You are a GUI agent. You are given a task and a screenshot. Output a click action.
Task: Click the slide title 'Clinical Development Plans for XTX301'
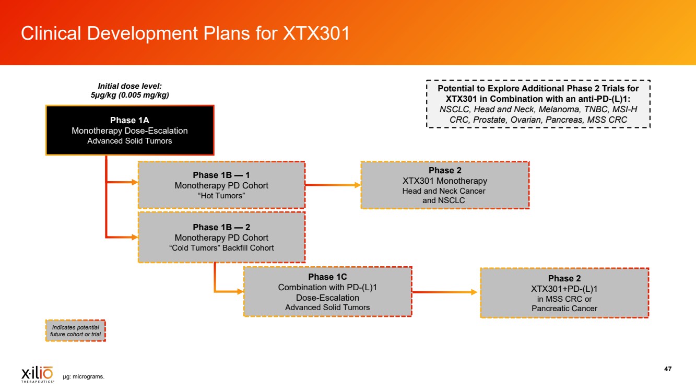coord(185,33)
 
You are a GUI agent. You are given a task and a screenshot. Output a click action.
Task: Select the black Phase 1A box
coord(129,131)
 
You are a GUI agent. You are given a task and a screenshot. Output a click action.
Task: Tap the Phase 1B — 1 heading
coord(221,175)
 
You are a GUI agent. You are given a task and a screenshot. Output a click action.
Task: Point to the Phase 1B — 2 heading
coord(221,227)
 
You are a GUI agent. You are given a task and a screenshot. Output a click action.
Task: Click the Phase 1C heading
coord(327,277)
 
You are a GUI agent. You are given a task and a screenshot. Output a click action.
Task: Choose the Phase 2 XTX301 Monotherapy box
coord(445,185)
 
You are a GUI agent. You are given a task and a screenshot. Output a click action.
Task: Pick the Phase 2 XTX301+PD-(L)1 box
coord(564,293)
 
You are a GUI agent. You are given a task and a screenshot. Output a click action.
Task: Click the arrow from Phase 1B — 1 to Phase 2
coord(333,185)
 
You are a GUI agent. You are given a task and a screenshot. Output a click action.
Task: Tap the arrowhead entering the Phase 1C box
coord(240,292)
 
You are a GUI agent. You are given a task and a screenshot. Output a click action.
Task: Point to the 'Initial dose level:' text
coord(129,86)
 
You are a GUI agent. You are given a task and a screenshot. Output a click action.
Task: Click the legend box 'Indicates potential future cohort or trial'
coord(76,330)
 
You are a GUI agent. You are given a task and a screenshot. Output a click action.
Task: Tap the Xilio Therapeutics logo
coord(37,374)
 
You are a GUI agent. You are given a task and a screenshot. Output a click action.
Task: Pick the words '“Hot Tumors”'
coord(221,195)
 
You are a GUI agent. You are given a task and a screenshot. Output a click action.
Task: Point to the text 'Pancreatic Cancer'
coord(564,309)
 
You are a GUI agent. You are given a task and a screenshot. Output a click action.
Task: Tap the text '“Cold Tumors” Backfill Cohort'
coord(221,248)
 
